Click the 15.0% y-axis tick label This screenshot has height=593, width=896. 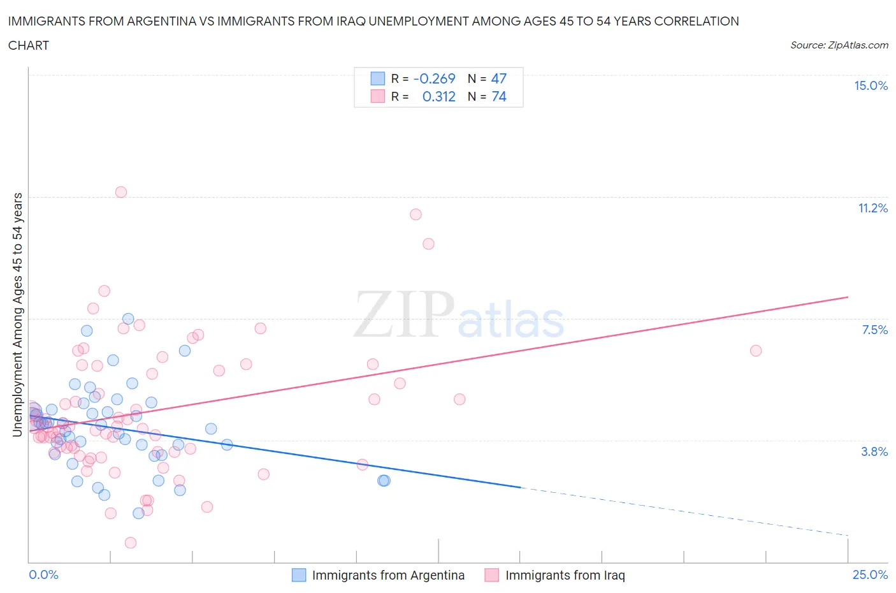point(871,86)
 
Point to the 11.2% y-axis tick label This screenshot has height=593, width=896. point(872,208)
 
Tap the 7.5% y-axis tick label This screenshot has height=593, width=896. point(874,330)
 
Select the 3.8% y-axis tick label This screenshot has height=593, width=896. point(874,451)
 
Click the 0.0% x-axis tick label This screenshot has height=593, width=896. point(44,575)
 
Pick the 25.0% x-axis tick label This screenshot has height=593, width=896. point(870,575)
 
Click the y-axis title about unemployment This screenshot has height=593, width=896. point(18,314)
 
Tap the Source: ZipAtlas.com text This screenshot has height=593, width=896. point(839,45)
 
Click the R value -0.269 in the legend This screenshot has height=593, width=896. point(434,78)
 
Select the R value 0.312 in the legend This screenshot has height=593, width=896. point(438,96)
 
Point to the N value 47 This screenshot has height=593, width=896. point(498,78)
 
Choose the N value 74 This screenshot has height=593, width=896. point(498,96)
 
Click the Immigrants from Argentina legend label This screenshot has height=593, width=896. point(388,575)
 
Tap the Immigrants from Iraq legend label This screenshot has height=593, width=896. point(565,575)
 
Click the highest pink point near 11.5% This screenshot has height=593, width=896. point(121,192)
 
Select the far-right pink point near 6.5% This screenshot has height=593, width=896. point(756,351)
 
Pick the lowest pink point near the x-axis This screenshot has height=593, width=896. point(131,543)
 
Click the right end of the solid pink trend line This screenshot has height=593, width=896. point(848,297)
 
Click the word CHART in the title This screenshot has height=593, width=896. point(29,45)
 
